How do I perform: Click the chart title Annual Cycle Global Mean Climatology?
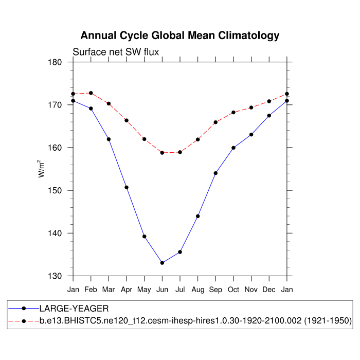coord(180,35)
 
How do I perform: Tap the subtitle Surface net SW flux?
coord(116,52)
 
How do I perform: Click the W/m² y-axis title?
coord(42,169)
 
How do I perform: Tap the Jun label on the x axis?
coord(162,290)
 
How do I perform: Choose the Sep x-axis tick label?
coord(215,290)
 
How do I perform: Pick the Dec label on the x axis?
coord(269,290)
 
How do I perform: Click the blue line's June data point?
coord(162,263)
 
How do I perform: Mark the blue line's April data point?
coord(127,187)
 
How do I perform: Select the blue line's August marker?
coord(198,216)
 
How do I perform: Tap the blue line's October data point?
coord(233,148)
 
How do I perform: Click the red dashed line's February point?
coord(91,93)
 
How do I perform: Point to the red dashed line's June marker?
coord(162,153)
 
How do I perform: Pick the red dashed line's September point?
coord(215,122)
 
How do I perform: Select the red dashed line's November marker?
coord(251,107)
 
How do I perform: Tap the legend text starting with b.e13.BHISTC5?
coord(195,321)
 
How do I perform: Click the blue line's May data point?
coord(145,237)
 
